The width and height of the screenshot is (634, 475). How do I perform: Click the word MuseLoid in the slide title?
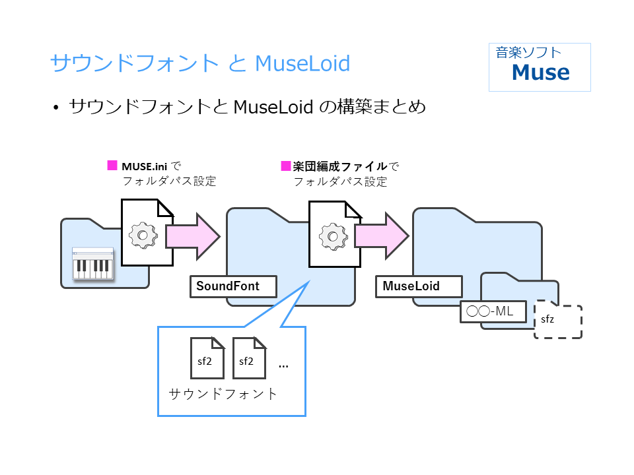tap(302, 63)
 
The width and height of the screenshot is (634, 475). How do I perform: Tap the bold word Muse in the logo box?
tap(540, 72)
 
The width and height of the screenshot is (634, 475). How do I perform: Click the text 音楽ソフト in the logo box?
tap(528, 53)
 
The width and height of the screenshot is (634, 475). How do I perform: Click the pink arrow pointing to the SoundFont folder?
tap(192, 234)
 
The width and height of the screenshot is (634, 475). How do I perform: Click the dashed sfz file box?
tap(557, 322)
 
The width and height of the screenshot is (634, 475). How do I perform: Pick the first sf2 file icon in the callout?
tap(207, 358)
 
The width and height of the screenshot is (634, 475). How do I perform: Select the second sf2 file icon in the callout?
tap(249, 358)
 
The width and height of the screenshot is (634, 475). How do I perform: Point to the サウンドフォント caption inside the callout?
tap(223, 395)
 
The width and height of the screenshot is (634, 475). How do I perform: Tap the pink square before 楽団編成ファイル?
tap(286, 165)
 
